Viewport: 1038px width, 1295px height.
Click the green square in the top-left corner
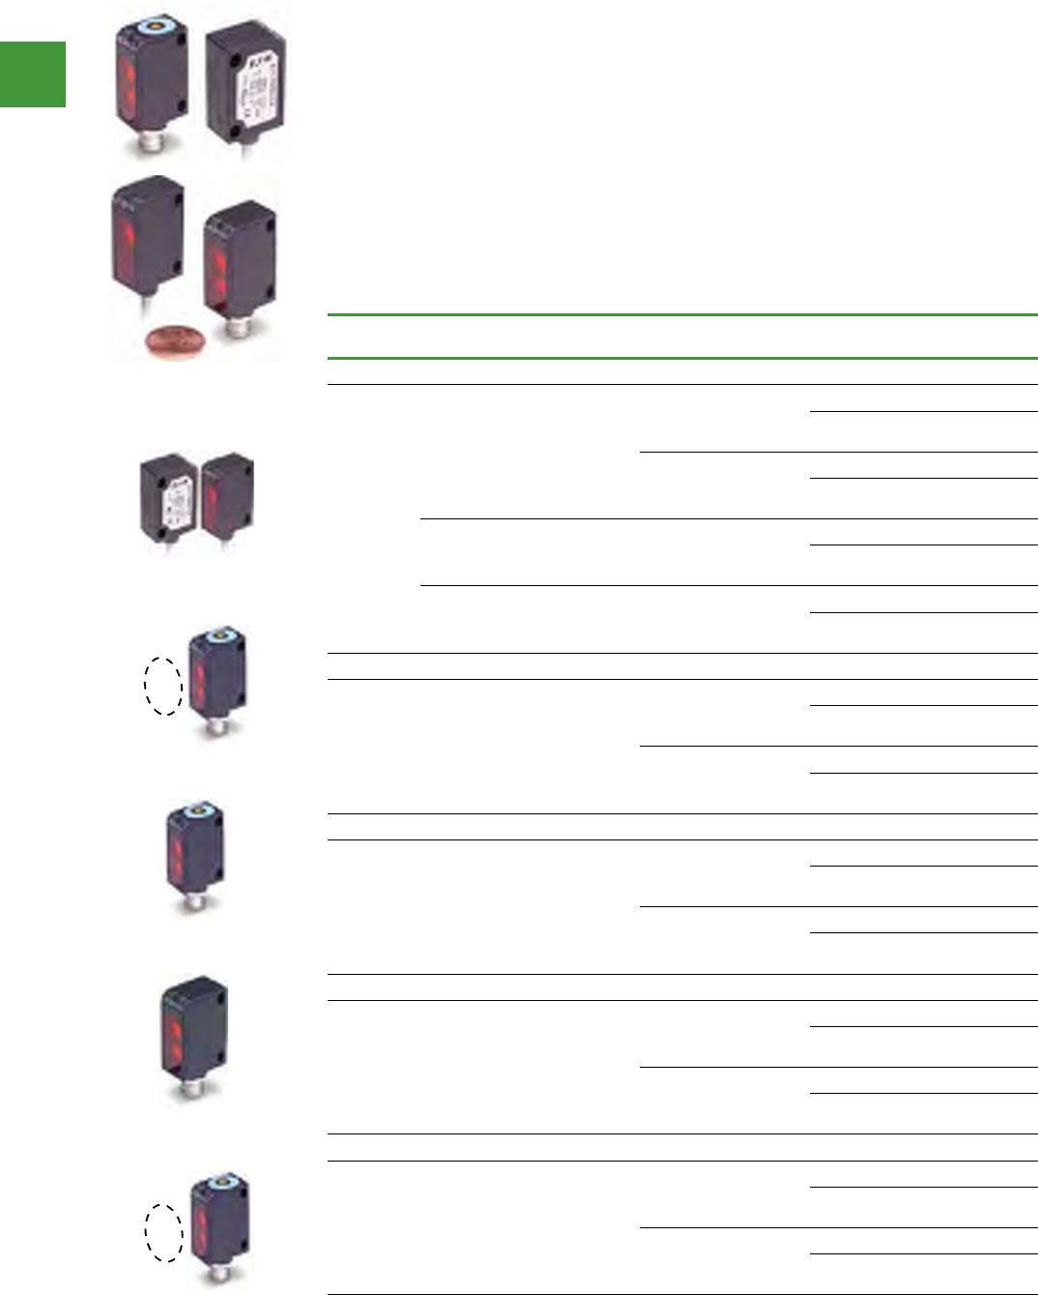(33, 74)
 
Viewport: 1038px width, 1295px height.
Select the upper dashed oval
(163, 686)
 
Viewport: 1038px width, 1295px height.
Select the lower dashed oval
(163, 1232)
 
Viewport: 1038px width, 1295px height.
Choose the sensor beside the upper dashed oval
(216, 677)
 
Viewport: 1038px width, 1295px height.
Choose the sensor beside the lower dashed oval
(219, 1223)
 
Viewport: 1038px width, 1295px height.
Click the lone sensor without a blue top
(193, 1035)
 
